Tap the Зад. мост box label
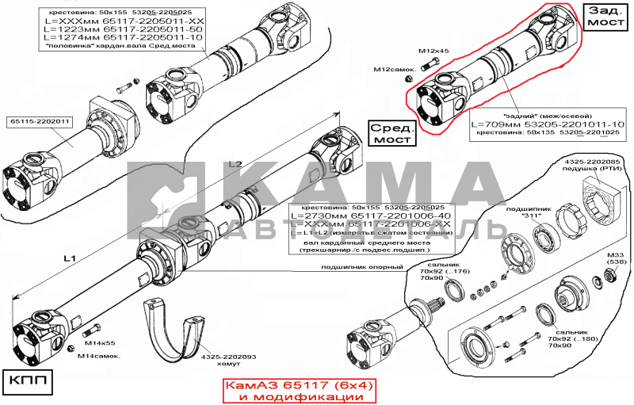[x=605, y=16]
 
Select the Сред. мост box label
[x=392, y=132]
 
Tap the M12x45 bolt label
[x=432, y=51]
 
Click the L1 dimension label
[x=69, y=259]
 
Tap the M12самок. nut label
[x=394, y=70]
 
